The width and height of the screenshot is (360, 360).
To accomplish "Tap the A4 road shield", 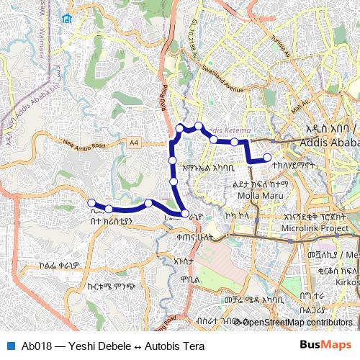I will pyautogui.click(x=134, y=143).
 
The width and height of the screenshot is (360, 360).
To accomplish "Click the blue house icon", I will pyautogui.click(x=67, y=19).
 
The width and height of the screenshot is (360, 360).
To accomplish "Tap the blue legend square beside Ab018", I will pyautogui.click(x=9, y=346).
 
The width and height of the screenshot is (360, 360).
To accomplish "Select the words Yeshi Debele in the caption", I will pyautogui.click(x=94, y=346).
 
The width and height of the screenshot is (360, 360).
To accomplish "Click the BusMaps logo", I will pyautogui.click(x=325, y=346).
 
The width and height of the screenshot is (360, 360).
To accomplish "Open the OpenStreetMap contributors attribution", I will pyautogui.click(x=297, y=323).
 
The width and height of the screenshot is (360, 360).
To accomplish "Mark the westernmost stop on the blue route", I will pyautogui.click(x=91, y=202).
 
